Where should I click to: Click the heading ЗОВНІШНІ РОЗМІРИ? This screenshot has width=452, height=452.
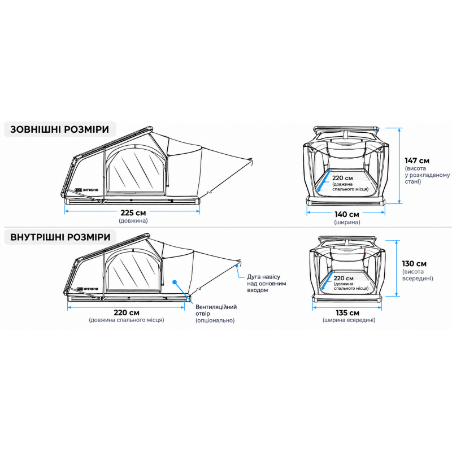[60, 129]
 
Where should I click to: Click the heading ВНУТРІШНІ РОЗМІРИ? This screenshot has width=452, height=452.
[60, 237]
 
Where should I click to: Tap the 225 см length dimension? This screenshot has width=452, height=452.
[133, 213]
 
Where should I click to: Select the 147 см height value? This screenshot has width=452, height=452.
[417, 160]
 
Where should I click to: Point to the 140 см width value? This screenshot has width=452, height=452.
[347, 215]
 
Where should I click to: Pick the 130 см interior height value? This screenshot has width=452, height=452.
[414, 263]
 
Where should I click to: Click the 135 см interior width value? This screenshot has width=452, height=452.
[347, 313]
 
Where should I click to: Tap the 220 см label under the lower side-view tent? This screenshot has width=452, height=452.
[127, 312]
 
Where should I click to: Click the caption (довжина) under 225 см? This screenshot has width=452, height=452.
[133, 220]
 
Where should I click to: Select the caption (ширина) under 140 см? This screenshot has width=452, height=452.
[347, 222]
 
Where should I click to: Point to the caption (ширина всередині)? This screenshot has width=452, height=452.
[349, 320]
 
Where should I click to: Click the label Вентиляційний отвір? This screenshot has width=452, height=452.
[216, 310]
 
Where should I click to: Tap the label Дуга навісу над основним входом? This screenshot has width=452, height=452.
[267, 284]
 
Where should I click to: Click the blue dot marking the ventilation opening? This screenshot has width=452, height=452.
[175, 282]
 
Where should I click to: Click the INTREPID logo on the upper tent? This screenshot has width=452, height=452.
[86, 190]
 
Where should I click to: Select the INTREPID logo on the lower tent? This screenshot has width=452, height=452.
[88, 289]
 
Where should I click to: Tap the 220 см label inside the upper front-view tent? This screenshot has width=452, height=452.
[342, 178]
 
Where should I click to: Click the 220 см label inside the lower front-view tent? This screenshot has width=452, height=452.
[344, 278]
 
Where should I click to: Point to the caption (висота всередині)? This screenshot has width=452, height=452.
[418, 275]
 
